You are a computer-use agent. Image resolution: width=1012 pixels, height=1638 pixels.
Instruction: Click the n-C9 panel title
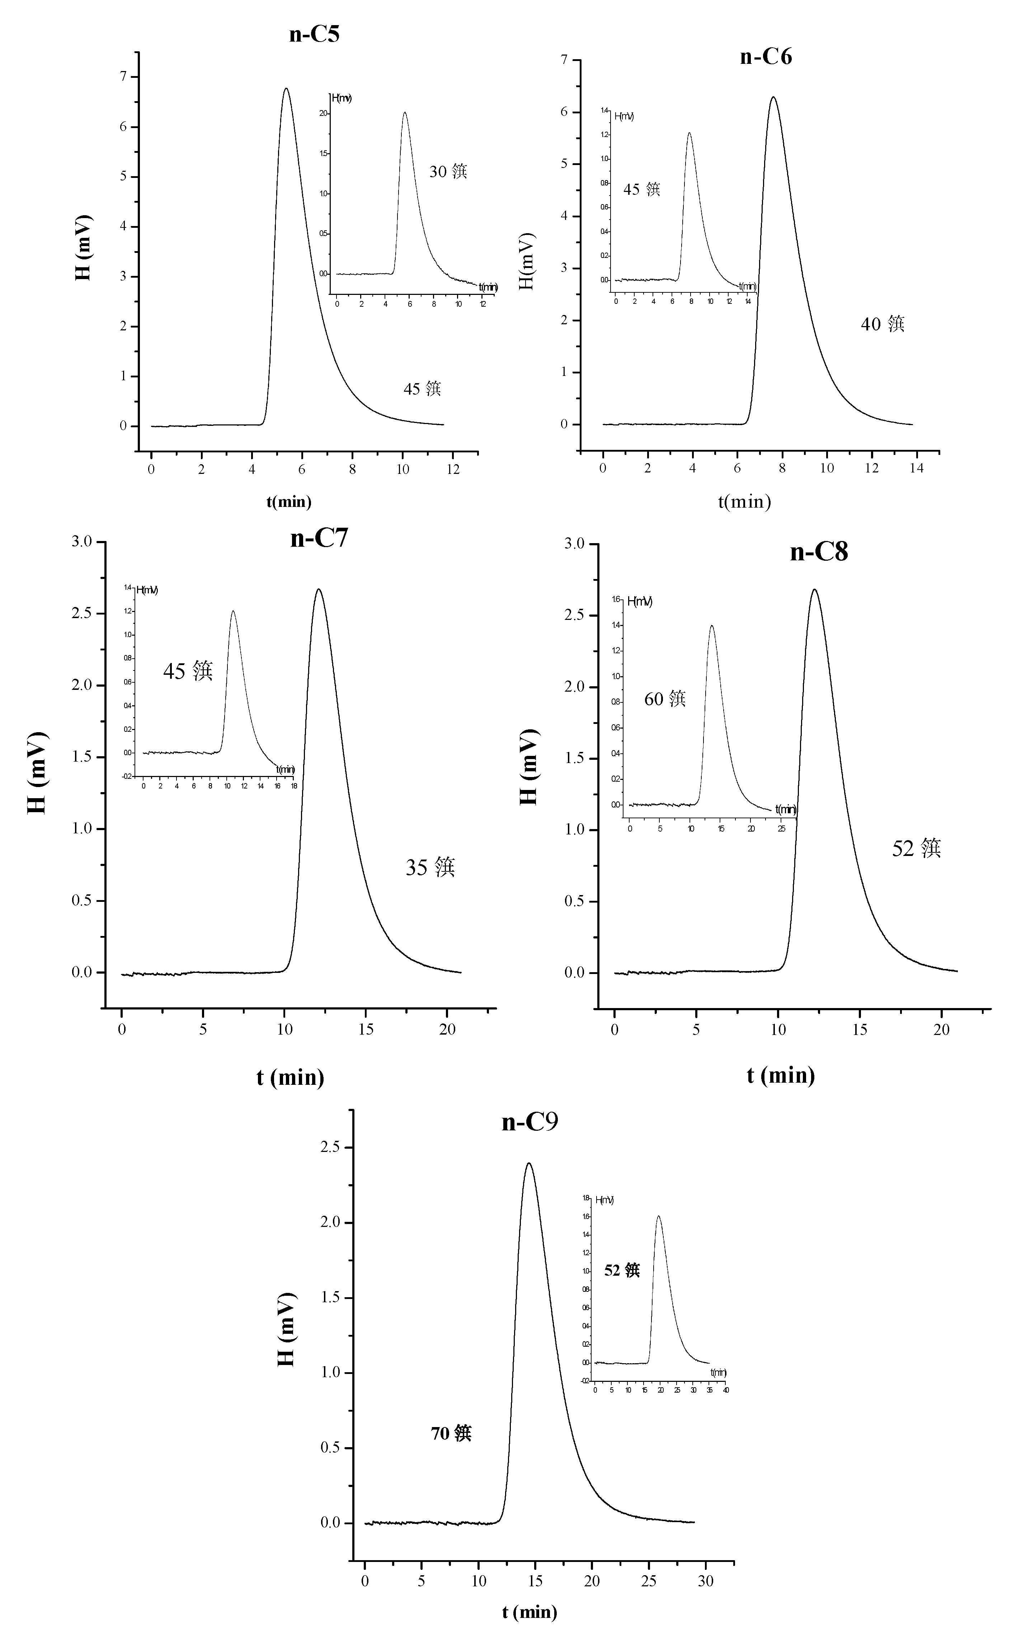529,1122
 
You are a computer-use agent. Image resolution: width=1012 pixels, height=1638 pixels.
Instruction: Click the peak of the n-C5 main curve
287,88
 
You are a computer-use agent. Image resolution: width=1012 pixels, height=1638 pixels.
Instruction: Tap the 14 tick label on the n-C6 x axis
916,468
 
